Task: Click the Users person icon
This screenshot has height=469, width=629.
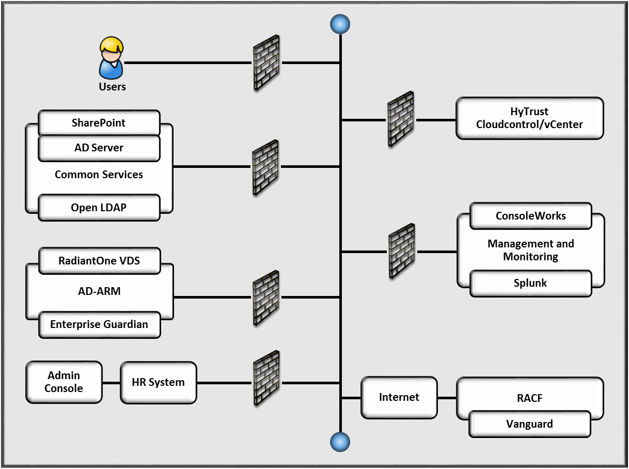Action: (x=112, y=58)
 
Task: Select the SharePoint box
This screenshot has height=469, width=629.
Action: (x=99, y=123)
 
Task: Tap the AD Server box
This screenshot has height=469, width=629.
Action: (x=99, y=148)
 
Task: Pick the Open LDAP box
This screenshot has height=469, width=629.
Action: (x=99, y=208)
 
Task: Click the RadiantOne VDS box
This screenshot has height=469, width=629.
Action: (x=99, y=261)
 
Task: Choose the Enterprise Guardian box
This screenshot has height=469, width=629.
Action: (x=99, y=325)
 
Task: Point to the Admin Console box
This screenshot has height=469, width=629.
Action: (x=64, y=382)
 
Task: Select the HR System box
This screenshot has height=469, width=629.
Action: (x=158, y=383)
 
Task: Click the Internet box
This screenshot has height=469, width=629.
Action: (x=399, y=397)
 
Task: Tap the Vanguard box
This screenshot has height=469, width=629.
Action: (x=529, y=424)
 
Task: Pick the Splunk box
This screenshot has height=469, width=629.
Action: (x=530, y=283)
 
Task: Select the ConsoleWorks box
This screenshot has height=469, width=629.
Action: (x=530, y=216)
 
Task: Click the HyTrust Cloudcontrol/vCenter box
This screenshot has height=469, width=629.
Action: (x=530, y=118)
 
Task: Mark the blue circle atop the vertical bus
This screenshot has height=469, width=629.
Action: (x=340, y=24)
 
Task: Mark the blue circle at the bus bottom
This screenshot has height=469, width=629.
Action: (x=340, y=442)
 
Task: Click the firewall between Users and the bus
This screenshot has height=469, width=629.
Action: (x=266, y=62)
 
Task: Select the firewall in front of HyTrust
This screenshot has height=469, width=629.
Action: (x=401, y=119)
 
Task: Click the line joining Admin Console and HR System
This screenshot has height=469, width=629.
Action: (x=111, y=383)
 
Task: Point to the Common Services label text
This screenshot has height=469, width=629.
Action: (x=99, y=175)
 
